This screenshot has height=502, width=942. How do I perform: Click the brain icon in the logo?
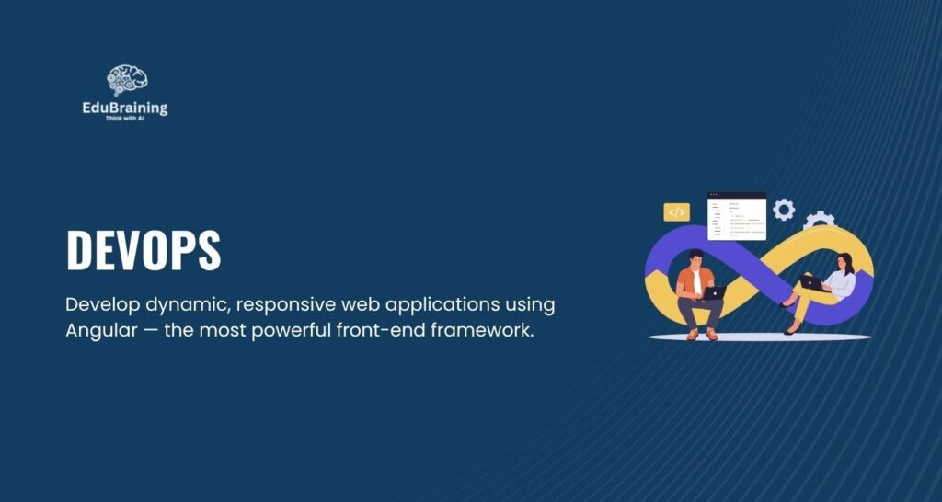point(127,81)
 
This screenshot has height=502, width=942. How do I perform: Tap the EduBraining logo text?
point(125,108)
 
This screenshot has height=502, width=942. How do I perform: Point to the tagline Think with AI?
point(125,119)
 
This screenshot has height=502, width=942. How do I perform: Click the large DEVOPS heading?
point(144,250)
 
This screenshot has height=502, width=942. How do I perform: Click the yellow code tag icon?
point(676,212)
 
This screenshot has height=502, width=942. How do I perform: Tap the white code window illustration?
point(737,216)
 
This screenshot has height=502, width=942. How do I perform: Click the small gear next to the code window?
point(784,210)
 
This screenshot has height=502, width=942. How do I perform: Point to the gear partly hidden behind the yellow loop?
point(819,219)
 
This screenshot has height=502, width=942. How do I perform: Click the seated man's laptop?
point(713,293)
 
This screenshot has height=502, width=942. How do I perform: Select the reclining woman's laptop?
point(812,283)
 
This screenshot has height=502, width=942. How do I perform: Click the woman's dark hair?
point(846,262)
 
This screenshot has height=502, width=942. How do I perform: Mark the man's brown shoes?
point(702,334)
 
